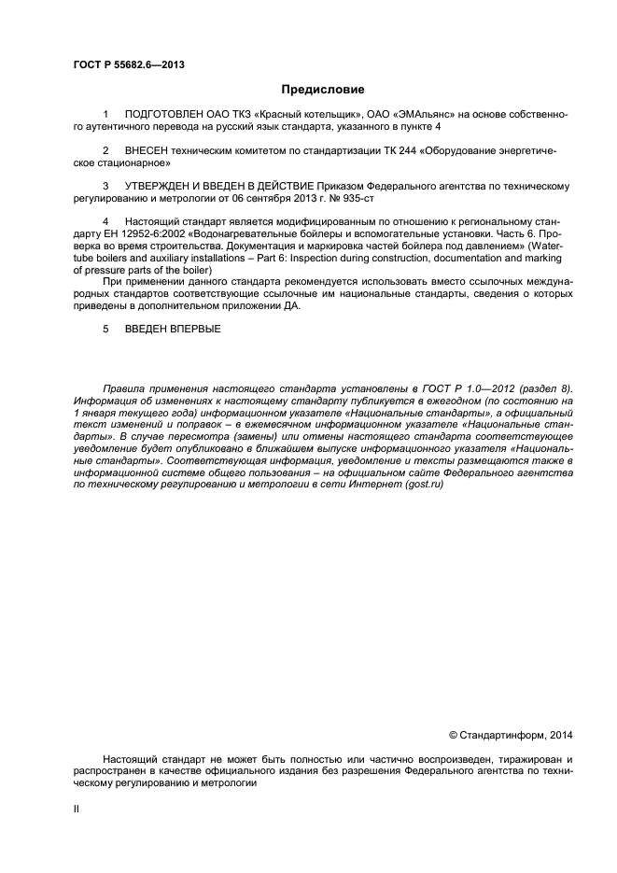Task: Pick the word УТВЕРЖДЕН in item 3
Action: coord(161,186)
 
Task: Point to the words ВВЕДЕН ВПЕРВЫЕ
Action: coord(173,330)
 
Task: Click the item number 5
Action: coord(105,330)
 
